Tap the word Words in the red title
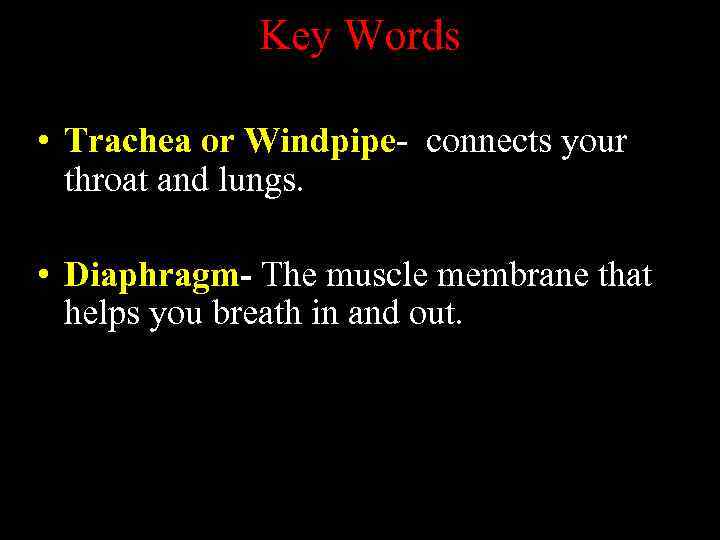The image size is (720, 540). pyautogui.click(x=402, y=37)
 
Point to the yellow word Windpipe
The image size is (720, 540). pyautogui.click(x=320, y=143)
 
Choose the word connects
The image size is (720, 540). pyautogui.click(x=489, y=142)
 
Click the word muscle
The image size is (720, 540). pyautogui.click(x=373, y=274)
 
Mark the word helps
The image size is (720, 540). pyautogui.click(x=103, y=314)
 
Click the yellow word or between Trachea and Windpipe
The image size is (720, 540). pyautogui.click(x=218, y=143)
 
